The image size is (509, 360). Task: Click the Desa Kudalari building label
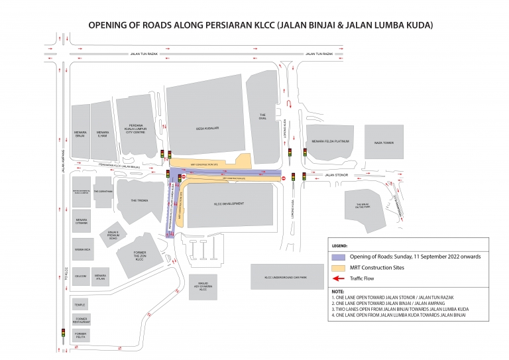tap(207, 129)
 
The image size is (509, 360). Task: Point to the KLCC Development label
tap(230, 204)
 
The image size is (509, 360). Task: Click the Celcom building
tap(80, 275)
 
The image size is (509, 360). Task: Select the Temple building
tap(80, 304)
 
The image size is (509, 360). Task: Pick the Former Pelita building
tap(80, 335)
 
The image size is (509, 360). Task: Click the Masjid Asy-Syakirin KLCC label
tap(203, 286)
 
